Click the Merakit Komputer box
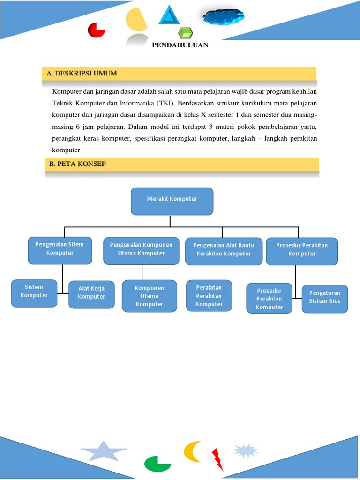tap(172, 201)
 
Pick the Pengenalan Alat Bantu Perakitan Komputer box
tap(224, 251)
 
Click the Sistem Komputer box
tap(34, 293)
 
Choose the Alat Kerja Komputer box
tap(91, 294)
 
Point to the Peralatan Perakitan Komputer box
tap(209, 296)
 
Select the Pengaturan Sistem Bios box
tap(325, 299)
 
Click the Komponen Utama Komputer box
tap(150, 296)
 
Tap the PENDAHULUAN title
tap(180, 45)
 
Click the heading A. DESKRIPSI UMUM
tap(82, 74)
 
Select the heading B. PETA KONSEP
tap(78, 164)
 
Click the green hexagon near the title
tap(186, 33)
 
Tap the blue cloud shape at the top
tap(223, 17)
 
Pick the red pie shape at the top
tap(97, 30)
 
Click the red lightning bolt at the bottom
tap(217, 459)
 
